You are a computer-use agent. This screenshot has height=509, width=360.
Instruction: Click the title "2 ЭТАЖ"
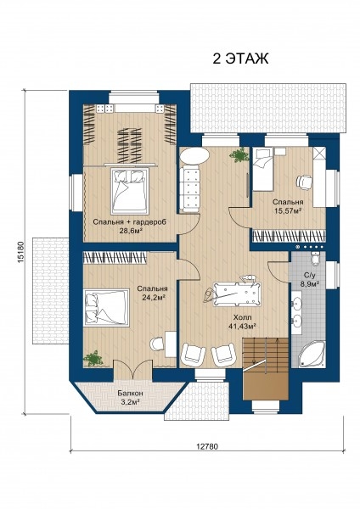[x=241, y=59]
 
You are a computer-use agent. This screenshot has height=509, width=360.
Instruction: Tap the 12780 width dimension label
[x=207, y=446]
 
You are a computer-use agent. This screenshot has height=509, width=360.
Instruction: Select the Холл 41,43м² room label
[x=242, y=322]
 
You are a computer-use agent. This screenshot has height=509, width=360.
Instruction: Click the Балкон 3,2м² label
[x=130, y=397]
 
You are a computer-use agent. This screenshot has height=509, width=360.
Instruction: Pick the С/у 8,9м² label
[x=309, y=279]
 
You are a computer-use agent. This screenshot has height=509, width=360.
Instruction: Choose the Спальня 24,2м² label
[x=152, y=293]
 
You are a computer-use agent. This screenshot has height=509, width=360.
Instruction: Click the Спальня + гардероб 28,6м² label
[x=130, y=227]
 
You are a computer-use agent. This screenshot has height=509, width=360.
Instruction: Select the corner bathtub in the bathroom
[x=312, y=354]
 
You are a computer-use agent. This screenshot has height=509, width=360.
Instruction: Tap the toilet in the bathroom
[x=316, y=259]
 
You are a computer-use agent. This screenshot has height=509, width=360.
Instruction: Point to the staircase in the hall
[x=266, y=369]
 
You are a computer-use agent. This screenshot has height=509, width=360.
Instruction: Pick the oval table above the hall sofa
[x=194, y=156]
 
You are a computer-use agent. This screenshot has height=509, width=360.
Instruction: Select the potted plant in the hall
[x=239, y=155]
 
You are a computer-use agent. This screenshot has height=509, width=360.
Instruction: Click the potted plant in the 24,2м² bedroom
[x=93, y=359]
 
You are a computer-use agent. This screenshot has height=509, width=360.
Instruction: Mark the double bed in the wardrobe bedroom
[x=130, y=191]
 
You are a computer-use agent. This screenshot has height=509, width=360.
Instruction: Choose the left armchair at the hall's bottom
[x=193, y=353]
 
